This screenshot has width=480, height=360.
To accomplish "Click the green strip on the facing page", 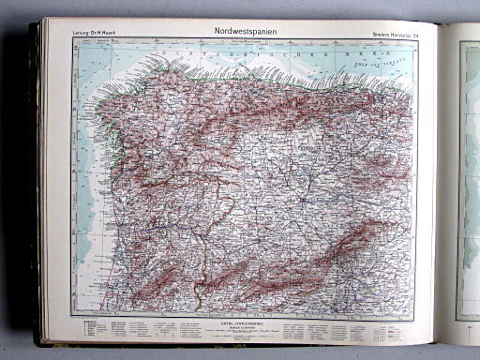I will (467, 169).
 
